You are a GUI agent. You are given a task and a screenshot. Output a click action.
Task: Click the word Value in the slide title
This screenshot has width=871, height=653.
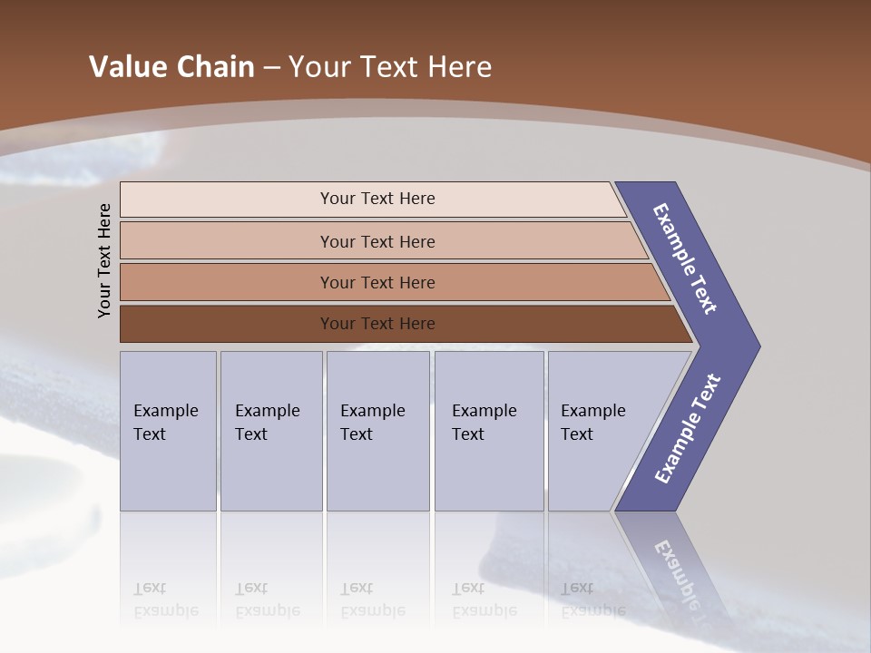pyautogui.click(x=124, y=67)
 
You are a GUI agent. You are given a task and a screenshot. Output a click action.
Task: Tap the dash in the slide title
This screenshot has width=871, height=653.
pyautogui.click(x=271, y=68)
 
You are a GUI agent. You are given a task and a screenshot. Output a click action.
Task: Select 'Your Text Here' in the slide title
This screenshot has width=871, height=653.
pyautogui.click(x=390, y=67)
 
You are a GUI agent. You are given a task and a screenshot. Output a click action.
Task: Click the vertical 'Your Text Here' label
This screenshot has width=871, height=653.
pyautogui.click(x=104, y=260)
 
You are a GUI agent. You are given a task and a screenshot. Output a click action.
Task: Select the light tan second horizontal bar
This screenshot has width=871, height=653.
pyautogui.click(x=377, y=241)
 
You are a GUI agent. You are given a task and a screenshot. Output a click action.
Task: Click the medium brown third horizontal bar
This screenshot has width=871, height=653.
pyautogui.click(x=377, y=282)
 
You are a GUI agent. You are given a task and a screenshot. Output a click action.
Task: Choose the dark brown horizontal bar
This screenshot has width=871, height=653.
pyautogui.click(x=377, y=324)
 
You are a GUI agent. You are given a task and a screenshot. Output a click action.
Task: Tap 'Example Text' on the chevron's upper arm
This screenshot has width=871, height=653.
pyautogui.click(x=685, y=258)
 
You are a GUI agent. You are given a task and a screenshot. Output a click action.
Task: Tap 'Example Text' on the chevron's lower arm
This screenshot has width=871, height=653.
pyautogui.click(x=688, y=429)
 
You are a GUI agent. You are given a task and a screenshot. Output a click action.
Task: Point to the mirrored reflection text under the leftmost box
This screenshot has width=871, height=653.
pyautogui.click(x=165, y=599)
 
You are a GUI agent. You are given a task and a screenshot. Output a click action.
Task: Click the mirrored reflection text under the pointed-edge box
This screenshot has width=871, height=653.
pyautogui.click(x=592, y=599)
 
